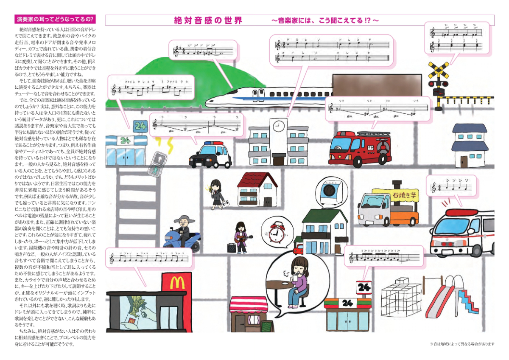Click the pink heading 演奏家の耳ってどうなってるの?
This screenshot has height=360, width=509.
[55, 20]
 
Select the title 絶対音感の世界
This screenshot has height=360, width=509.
[208, 20]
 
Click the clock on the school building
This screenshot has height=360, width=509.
[278, 126]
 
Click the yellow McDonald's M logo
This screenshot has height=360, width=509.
[177, 281]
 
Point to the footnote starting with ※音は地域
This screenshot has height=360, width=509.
[462, 343]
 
